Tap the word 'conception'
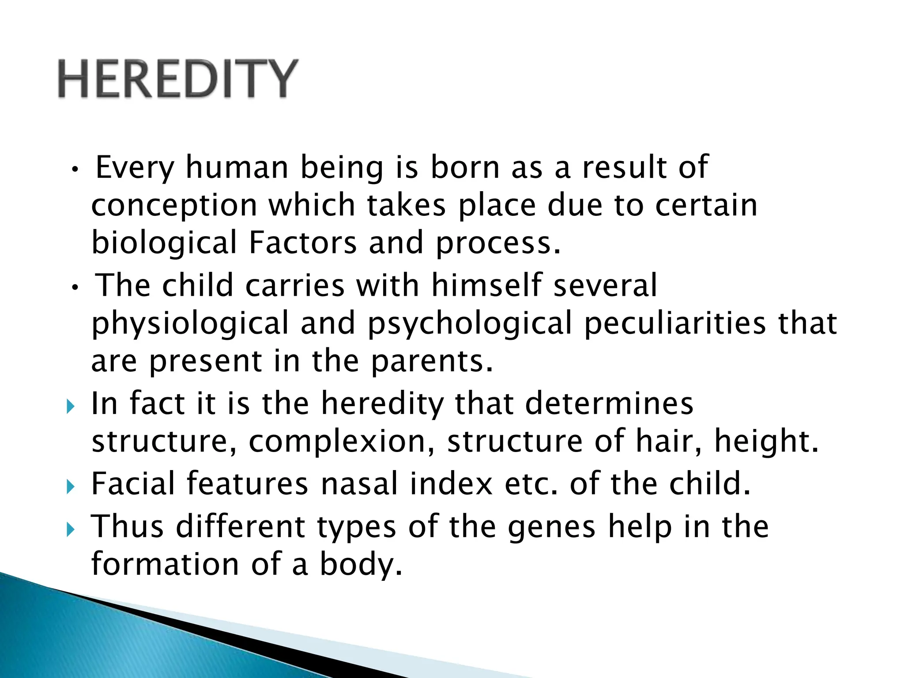click(x=174, y=206)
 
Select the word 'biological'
click(x=164, y=243)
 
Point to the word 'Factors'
click(x=302, y=242)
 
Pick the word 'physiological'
click(x=190, y=324)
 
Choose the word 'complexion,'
click(x=342, y=441)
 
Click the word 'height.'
click(x=766, y=441)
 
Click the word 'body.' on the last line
click(x=361, y=565)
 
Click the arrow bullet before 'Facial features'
click(x=71, y=487)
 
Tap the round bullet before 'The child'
click(x=75, y=288)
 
